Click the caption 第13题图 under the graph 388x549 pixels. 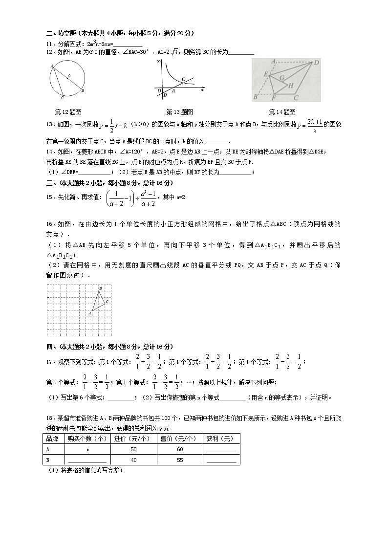pyautogui.click(x=179, y=112)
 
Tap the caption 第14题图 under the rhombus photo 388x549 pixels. pyautogui.click(x=282, y=112)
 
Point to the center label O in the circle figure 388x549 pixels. pyautogui.click(x=69, y=76)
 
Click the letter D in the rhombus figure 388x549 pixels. pyautogui.click(x=317, y=63)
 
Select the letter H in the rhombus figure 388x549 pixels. pyautogui.click(x=290, y=86)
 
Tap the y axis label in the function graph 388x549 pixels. pyautogui.click(x=159, y=62)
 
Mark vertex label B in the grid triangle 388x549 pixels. pyautogui.click(x=100, y=289)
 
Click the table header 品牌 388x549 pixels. pyautogui.click(x=52, y=439)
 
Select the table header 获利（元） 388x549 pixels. pyautogui.click(x=220, y=439)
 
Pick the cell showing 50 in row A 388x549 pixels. pyautogui.click(x=133, y=449)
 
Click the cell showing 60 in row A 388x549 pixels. pyautogui.click(x=179, y=449)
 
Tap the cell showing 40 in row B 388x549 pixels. pyautogui.click(x=133, y=460)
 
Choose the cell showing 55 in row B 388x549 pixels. pyautogui.click(x=179, y=460)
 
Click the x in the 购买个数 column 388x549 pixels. pyautogui.click(x=87, y=449)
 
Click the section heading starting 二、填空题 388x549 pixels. pyautogui.click(x=120, y=33)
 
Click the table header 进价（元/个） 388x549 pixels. pyautogui.click(x=133, y=439)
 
